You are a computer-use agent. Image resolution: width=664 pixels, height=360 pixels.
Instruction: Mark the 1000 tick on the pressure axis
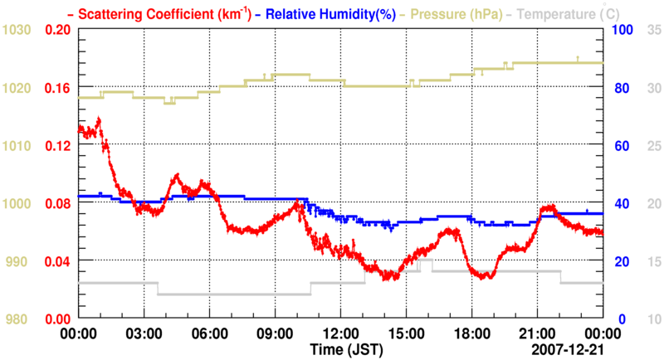[x=17, y=204]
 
